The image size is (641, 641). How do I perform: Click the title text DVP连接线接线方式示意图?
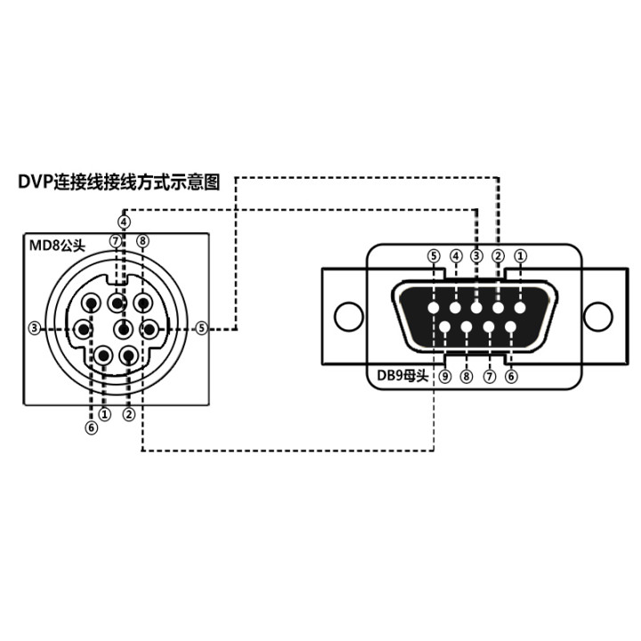pos(119,182)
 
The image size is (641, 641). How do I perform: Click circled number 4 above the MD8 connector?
pos(124,221)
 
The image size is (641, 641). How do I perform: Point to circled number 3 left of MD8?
pos(35,328)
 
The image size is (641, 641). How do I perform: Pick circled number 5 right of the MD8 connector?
pos(202,328)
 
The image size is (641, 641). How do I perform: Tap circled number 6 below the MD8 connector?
pos(91,427)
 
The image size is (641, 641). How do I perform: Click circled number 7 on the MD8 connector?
pos(116,240)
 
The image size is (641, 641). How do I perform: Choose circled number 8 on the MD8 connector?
pos(142,240)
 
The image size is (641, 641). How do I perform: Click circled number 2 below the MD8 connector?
pos(130,413)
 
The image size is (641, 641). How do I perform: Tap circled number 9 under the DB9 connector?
pos(443,376)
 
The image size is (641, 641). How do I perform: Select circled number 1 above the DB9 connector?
pos(521,256)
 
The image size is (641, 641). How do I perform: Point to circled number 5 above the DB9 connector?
pos(434,256)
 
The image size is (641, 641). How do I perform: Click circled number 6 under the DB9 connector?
pos(511,376)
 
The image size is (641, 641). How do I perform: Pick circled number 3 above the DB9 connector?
pos(477,256)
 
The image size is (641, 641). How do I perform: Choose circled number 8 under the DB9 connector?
pos(467,376)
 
